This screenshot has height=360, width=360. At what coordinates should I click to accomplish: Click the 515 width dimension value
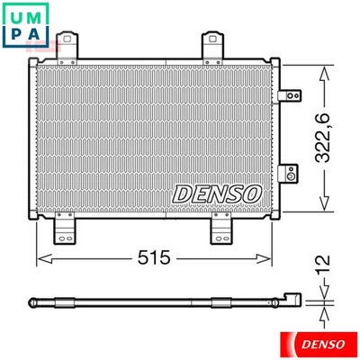[153, 258]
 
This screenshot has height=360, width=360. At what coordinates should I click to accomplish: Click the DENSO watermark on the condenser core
[216, 192]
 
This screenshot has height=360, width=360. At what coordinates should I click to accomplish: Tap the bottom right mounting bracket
[222, 229]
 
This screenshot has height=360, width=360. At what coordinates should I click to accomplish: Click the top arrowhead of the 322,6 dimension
[320, 62]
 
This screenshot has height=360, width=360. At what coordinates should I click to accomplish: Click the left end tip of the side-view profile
[31, 302]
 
